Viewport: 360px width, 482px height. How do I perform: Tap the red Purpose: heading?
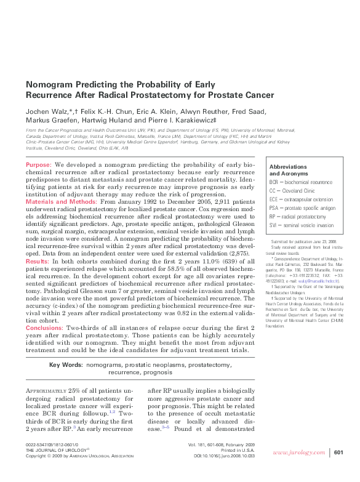(x=39, y=166)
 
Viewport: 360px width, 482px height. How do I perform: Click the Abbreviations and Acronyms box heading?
(x=289, y=170)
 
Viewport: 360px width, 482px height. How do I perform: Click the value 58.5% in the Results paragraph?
(x=185, y=269)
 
